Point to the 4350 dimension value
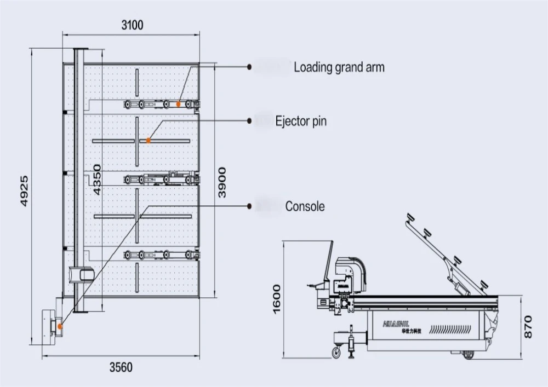click(97, 179)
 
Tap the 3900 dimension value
click(221, 182)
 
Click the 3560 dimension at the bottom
click(121, 367)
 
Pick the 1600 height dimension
click(276, 299)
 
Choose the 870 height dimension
click(528, 326)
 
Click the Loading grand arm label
click(339, 67)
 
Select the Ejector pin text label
click(300, 120)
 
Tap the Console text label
click(305, 206)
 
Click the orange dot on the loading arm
click(179, 103)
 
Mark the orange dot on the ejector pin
click(148, 141)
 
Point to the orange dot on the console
click(60, 326)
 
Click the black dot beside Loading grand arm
click(249, 67)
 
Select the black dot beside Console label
click(249, 206)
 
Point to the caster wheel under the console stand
click(336, 353)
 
